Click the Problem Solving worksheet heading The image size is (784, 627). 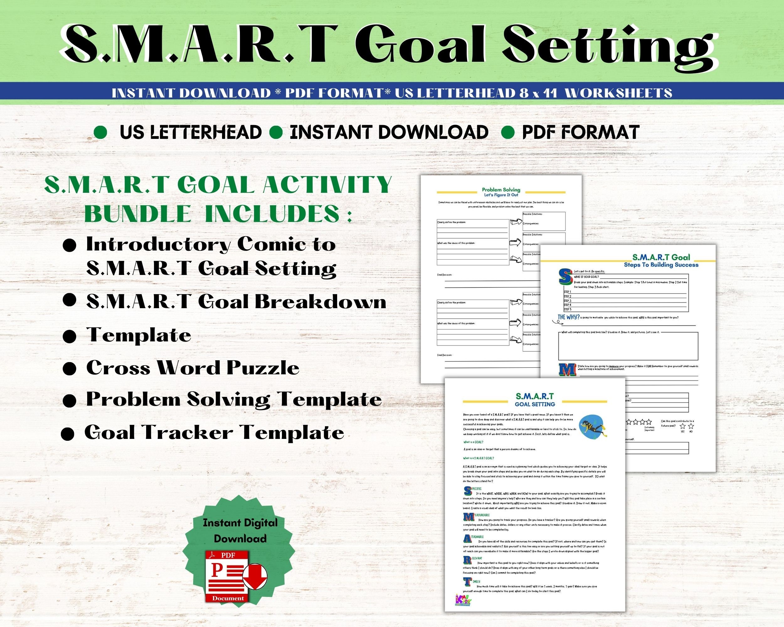coord(501,190)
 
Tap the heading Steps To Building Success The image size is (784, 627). coord(661,265)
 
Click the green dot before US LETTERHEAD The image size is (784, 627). coord(100,133)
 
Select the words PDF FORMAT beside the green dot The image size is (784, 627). coord(580,132)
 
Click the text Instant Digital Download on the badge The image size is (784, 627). coord(240,530)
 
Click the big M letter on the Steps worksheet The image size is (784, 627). coord(567,369)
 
